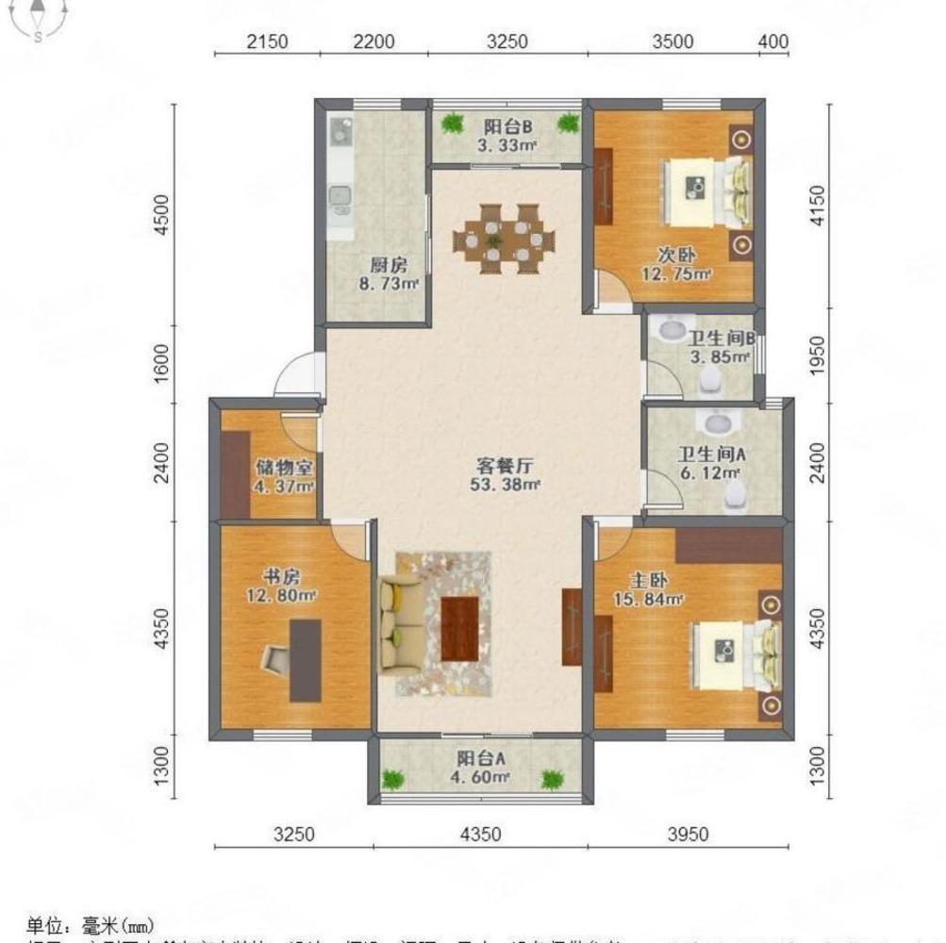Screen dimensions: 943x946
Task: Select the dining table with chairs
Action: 497,239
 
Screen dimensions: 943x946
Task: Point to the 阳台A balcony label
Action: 481,758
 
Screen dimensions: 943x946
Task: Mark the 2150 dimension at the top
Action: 267,41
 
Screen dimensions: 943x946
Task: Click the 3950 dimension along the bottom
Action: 688,834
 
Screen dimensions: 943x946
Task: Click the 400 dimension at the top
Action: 772,41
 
